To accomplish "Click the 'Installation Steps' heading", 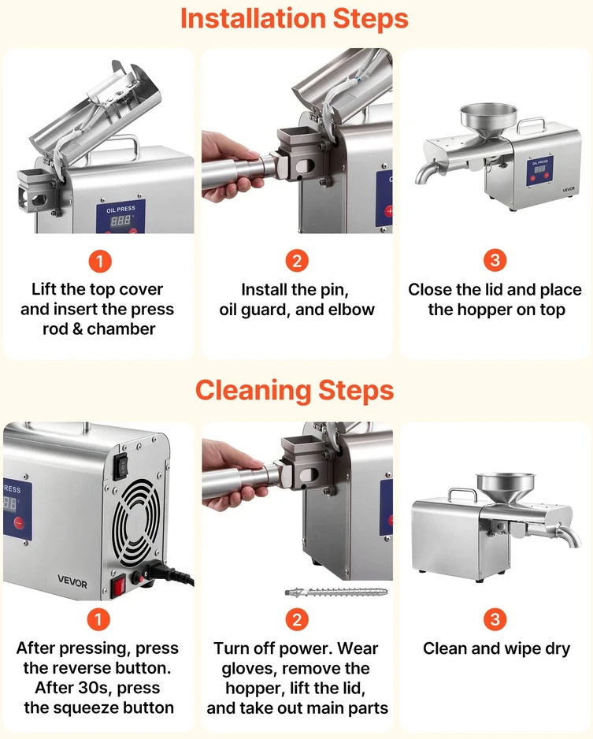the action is [x=295, y=19].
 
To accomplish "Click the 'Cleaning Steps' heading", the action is [x=295, y=391].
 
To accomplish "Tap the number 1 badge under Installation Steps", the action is [x=100, y=261].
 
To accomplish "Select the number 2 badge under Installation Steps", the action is [x=297, y=261].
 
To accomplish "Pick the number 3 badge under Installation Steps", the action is [x=495, y=261].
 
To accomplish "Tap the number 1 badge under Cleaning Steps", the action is [x=98, y=619].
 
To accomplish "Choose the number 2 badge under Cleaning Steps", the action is [x=297, y=619].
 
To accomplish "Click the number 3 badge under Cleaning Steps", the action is [x=495, y=619].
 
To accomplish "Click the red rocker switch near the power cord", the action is [x=118, y=587].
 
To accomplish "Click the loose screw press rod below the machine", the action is [x=336, y=592].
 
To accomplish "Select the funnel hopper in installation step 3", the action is [x=488, y=121].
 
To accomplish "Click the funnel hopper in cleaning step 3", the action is [x=506, y=490].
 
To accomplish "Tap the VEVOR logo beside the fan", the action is [x=72, y=581].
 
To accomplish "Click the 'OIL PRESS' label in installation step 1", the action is [x=120, y=209].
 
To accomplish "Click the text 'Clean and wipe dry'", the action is [x=496, y=649].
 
